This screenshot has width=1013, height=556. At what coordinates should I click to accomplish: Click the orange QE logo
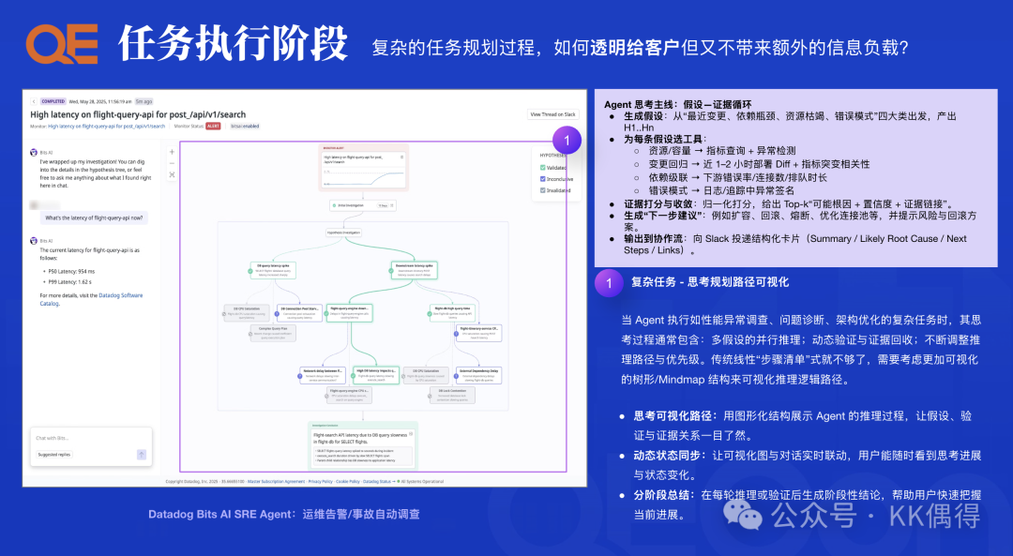61,44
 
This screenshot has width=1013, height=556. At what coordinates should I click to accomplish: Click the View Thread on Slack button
552,114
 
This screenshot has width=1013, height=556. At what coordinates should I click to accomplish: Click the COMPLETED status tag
53,101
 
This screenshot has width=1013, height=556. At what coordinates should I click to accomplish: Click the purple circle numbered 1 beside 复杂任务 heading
609,281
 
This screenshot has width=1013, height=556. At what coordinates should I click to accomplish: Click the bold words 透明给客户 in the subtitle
634,47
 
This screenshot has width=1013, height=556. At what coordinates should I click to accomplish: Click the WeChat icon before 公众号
749,516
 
